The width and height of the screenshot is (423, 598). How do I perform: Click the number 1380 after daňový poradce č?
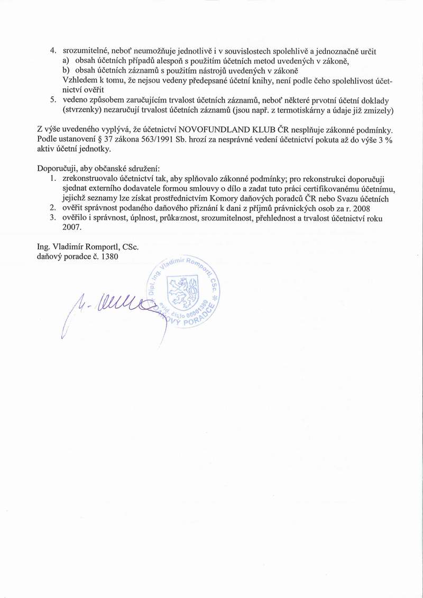[108, 256]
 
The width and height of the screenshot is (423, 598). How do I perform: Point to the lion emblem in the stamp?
[182, 291]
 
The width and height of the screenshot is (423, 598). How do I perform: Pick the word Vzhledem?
[79, 80]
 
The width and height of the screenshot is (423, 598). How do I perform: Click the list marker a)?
[67, 61]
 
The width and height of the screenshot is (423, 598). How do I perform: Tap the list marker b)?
[67, 70]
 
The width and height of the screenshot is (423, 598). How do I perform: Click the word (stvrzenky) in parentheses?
[82, 110]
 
